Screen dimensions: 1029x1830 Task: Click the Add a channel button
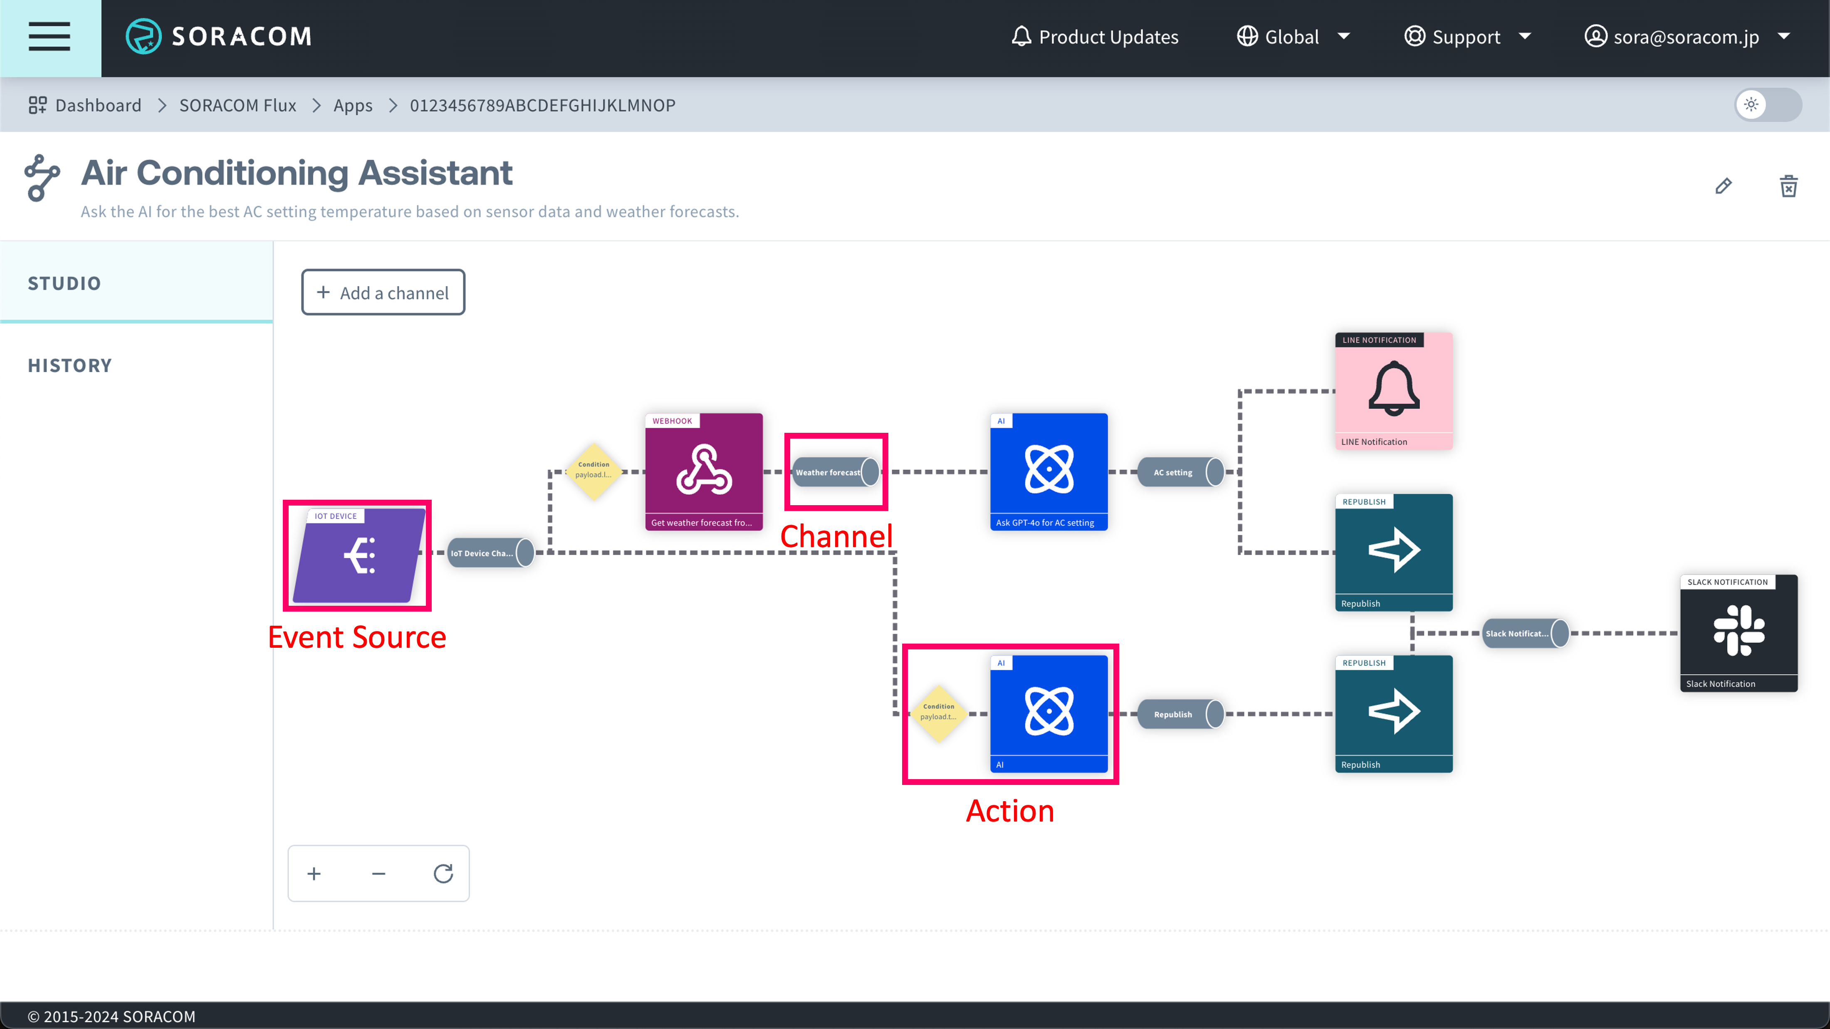pyautogui.click(x=383, y=293)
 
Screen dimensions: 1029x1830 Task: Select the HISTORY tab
pyautogui.click(x=69, y=365)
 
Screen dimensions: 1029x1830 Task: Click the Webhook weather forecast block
pyautogui.click(x=703, y=471)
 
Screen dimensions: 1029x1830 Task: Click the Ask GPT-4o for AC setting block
pyautogui.click(x=1049, y=471)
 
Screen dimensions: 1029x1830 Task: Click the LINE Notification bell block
pyautogui.click(x=1394, y=390)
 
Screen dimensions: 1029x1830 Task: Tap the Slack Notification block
pyautogui.click(x=1738, y=632)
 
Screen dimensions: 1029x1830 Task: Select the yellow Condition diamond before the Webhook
pyautogui.click(x=593, y=471)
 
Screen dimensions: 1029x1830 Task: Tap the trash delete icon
pyautogui.click(x=1788, y=186)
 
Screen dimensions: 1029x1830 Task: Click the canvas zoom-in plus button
pyautogui.click(x=314, y=874)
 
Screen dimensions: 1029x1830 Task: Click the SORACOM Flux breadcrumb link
pyautogui.click(x=237, y=105)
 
